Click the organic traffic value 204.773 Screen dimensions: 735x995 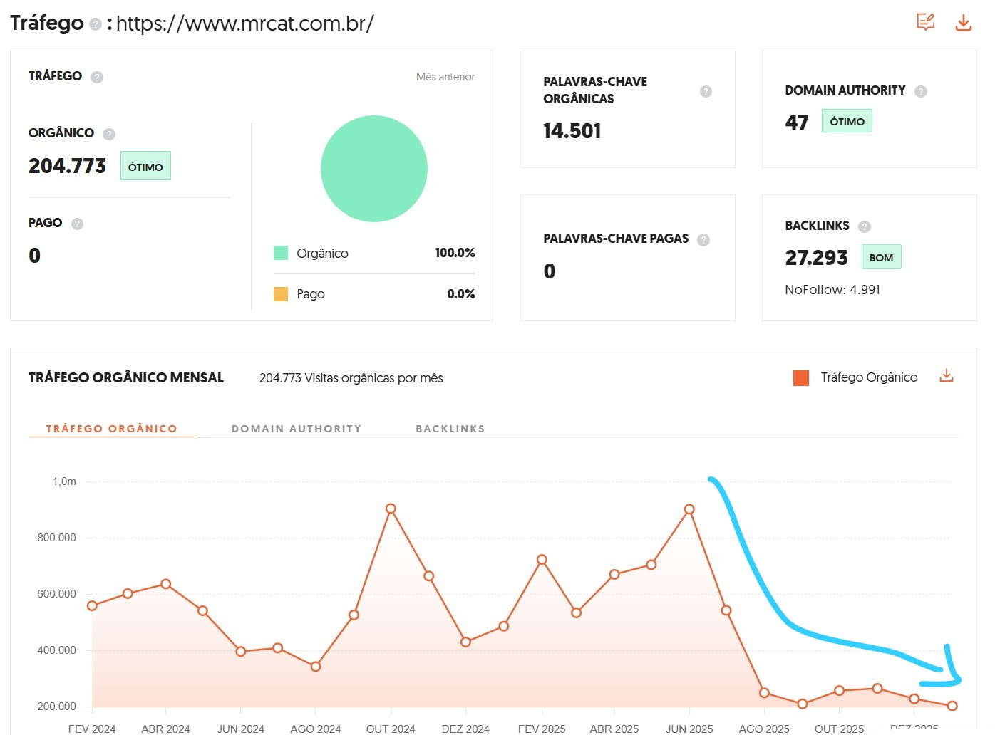67,166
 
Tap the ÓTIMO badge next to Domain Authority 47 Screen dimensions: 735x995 847,121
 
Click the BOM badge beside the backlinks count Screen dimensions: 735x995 881,257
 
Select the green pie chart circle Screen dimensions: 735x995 373,169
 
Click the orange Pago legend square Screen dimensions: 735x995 281,294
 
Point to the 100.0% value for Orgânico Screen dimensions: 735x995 455,253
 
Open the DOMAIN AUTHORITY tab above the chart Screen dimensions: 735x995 297,429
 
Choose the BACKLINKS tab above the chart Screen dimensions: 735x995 450,429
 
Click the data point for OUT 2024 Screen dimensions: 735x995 391,509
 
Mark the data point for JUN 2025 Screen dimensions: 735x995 689,509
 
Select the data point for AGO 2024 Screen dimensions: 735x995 316,667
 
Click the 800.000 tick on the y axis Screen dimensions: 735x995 56,538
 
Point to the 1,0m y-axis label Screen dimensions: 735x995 64,481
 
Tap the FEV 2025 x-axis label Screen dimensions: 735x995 542,729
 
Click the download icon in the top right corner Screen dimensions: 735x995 963,22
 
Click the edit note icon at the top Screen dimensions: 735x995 925,22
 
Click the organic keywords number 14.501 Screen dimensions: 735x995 572,131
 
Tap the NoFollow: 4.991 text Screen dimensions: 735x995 832,290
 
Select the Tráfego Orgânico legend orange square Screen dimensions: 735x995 800,377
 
